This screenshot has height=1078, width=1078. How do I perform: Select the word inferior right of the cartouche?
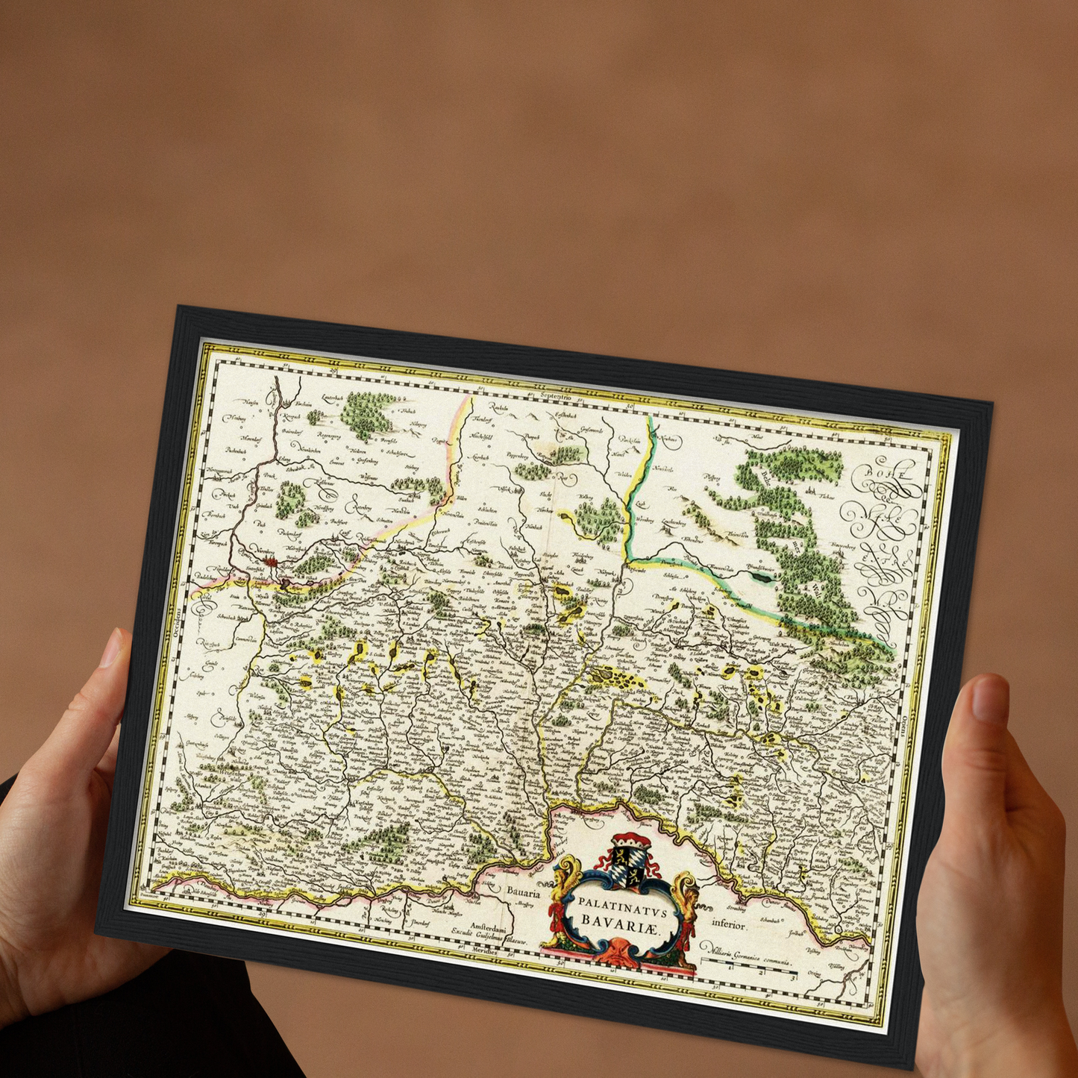click(729, 924)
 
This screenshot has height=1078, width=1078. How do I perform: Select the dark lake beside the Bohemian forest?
click(762, 576)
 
